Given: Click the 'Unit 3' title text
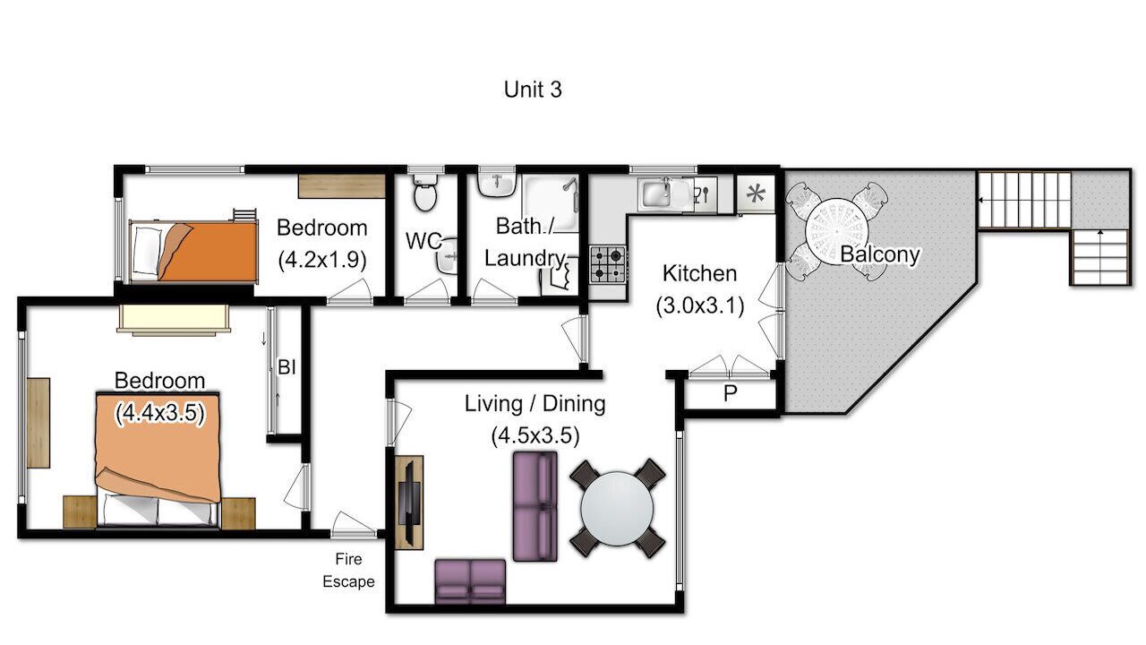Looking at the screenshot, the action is [533, 90].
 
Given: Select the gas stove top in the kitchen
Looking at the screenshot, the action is [608, 264].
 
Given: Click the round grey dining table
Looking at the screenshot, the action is [617, 509].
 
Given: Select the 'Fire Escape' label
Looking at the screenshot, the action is [348, 571].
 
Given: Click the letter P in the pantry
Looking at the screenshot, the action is [730, 393].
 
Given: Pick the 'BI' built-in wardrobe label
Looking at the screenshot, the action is [286, 366].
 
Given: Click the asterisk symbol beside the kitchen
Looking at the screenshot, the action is [755, 194].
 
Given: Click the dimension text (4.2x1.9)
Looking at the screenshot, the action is [322, 260].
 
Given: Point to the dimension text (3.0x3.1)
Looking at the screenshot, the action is [700, 305].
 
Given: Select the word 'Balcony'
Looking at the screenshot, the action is [880, 254].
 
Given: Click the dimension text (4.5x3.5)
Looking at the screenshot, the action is [535, 435].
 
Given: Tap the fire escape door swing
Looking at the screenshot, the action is [352, 523].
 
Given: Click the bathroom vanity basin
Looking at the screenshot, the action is [496, 185].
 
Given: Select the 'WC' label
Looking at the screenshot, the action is [423, 241].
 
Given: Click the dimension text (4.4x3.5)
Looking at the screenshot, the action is [159, 413].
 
